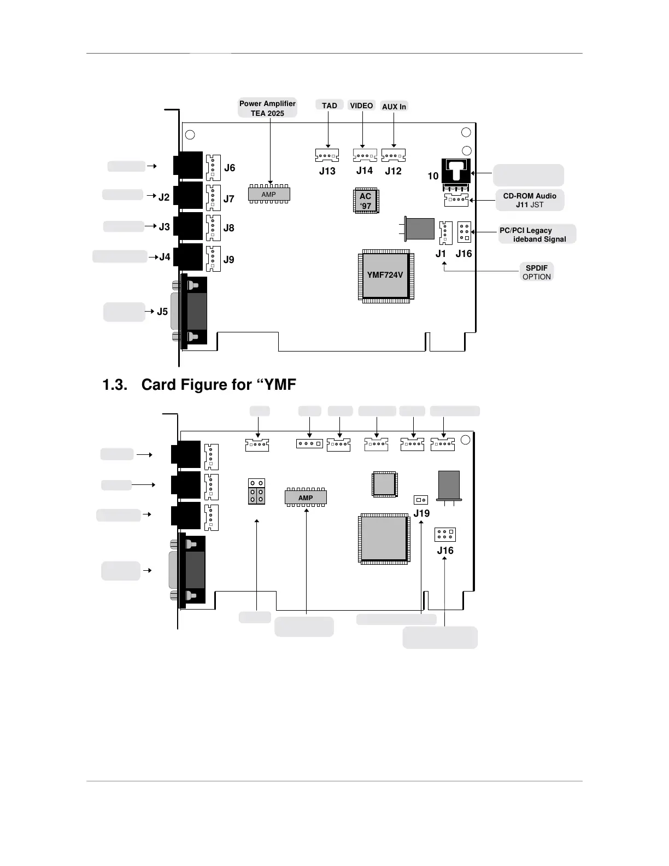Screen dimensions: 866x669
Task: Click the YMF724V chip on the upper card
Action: (385, 275)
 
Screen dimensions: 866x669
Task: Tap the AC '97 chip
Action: (366, 201)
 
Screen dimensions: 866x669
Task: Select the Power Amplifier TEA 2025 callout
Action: (267, 108)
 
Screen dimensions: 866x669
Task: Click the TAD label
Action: (330, 106)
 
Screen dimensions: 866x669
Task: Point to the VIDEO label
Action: (361, 106)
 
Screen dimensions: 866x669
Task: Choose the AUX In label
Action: (394, 107)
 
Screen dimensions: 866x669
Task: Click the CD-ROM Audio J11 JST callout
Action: (530, 200)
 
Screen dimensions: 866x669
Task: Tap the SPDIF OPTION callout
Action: (537, 272)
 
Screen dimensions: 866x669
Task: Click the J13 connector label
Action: (327, 171)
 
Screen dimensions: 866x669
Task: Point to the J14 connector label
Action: (365, 171)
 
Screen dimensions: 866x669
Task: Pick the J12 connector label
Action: (393, 171)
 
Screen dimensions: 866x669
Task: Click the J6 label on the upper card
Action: (230, 168)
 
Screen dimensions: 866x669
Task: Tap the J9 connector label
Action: (228, 260)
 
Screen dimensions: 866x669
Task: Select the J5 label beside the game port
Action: (162, 312)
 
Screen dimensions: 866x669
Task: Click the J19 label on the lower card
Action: (421, 513)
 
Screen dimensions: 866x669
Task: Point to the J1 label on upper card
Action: (441, 254)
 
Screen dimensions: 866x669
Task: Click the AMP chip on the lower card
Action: (306, 498)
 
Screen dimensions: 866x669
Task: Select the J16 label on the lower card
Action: (445, 551)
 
